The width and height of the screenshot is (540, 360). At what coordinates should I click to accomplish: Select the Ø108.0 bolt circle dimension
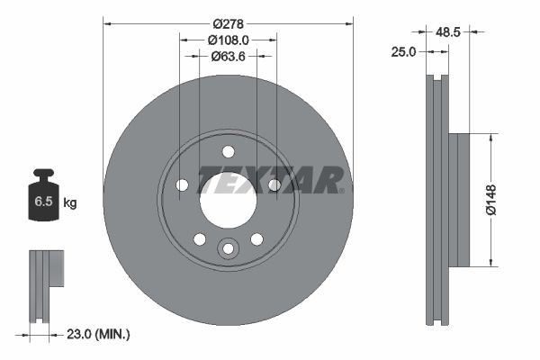pyautogui.click(x=228, y=40)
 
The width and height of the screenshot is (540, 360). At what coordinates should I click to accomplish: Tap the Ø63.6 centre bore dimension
pyautogui.click(x=228, y=56)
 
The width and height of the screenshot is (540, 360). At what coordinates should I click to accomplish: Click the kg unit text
pyautogui.click(x=69, y=203)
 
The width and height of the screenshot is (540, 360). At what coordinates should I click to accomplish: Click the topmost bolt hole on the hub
pyautogui.click(x=228, y=151)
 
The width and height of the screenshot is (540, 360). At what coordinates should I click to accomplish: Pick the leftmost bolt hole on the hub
pyautogui.click(x=182, y=184)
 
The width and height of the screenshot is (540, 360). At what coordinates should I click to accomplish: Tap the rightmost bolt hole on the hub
pyautogui.click(x=274, y=184)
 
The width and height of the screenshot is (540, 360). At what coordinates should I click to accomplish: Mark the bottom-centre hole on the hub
pyautogui.click(x=228, y=247)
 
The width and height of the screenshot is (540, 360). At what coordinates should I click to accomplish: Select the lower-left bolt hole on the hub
pyautogui.click(x=200, y=238)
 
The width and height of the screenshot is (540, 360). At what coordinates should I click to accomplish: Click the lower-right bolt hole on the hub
pyautogui.click(x=256, y=238)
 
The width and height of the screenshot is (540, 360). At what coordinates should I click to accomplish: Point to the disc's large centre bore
pyautogui.click(x=228, y=200)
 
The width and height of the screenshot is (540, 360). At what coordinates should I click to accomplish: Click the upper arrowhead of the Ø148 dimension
pyautogui.click(x=491, y=139)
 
